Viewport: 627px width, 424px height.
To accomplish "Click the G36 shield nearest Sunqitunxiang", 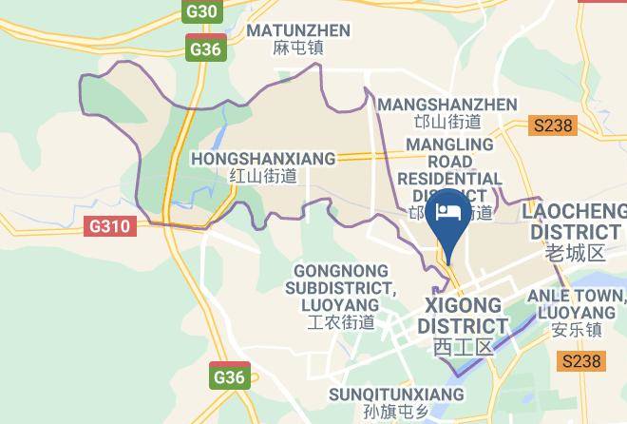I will pyautogui.click(x=229, y=376).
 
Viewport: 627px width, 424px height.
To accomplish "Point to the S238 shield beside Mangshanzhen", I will pyautogui.click(x=555, y=125).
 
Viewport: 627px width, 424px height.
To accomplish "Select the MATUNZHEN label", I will pyautogui.click(x=298, y=30).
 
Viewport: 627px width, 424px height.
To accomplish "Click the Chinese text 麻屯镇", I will pyautogui.click(x=298, y=48).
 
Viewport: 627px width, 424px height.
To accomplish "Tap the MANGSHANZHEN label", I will pyautogui.click(x=447, y=104).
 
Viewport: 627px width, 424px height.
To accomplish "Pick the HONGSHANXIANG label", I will pyautogui.click(x=263, y=157).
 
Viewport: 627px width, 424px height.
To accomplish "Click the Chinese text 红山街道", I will pyautogui.click(x=263, y=176).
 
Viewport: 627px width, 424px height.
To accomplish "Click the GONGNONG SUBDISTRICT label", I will pyautogui.click(x=342, y=287).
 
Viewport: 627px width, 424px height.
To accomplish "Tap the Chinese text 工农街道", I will pyautogui.click(x=342, y=322).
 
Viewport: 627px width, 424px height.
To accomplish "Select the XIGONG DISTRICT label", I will pyautogui.click(x=463, y=316).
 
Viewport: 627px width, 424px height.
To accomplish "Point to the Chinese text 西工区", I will pyautogui.click(x=463, y=347).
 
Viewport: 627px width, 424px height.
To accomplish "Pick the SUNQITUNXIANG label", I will pyautogui.click(x=396, y=394).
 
